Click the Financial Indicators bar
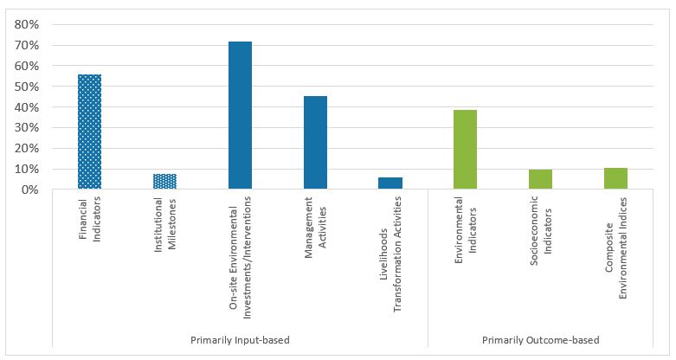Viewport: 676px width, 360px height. click(x=89, y=132)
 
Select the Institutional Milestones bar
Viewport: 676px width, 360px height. click(x=164, y=181)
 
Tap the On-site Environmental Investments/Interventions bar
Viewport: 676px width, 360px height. click(x=240, y=115)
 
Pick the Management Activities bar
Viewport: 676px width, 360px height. click(x=315, y=142)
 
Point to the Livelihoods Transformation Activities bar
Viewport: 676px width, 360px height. click(x=390, y=183)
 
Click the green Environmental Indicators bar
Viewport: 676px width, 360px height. click(x=466, y=149)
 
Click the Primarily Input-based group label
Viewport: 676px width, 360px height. click(x=240, y=340)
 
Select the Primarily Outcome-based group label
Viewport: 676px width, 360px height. click(x=541, y=340)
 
